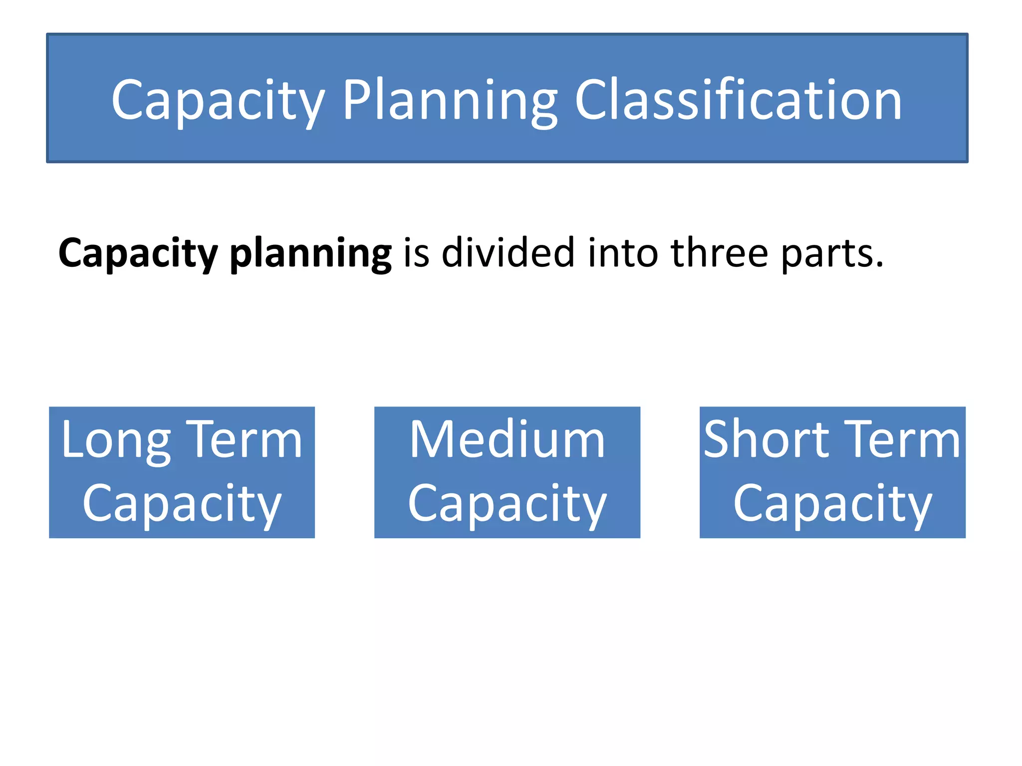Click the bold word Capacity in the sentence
(x=138, y=253)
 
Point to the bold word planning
(x=310, y=253)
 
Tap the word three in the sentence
(x=719, y=253)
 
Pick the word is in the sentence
(x=416, y=253)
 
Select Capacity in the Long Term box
(x=182, y=504)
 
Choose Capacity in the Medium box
(x=507, y=504)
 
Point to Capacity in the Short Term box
(x=832, y=504)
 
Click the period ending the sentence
(x=879, y=265)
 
